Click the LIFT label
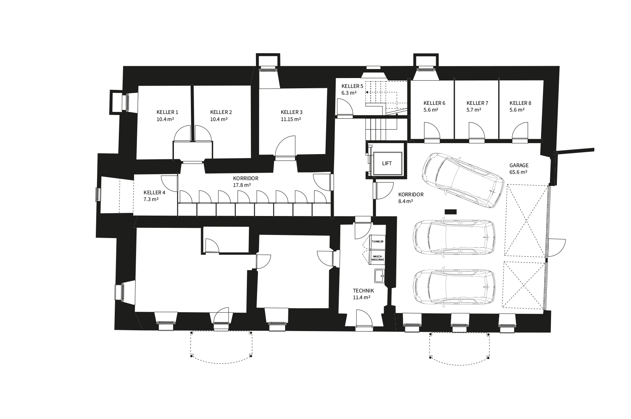point(387,163)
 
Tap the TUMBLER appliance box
point(377,242)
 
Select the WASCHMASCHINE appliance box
point(377,258)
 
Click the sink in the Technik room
point(379,276)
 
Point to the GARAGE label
point(519,165)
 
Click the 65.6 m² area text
point(518,172)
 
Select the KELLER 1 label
point(167,112)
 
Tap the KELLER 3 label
point(291,112)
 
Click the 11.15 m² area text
point(291,119)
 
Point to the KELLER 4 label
point(154,193)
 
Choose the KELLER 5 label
point(353,86)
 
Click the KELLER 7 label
point(477,103)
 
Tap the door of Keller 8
point(520,132)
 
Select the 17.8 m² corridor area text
point(242,185)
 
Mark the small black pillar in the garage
point(450,212)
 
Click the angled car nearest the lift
point(463,180)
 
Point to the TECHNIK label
point(363,291)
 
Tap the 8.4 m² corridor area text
point(406,201)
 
